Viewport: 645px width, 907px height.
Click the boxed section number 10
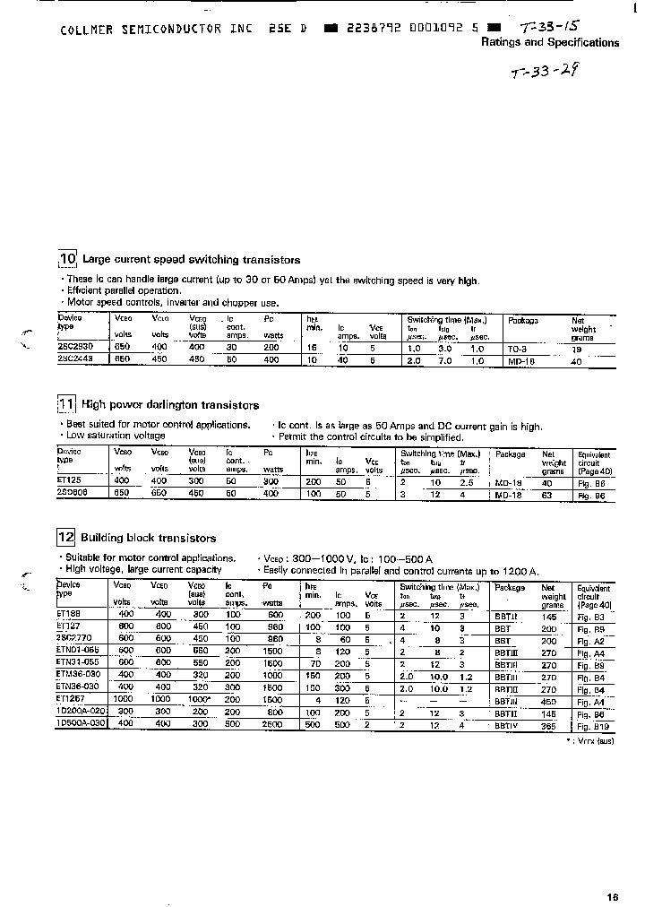pyautogui.click(x=67, y=260)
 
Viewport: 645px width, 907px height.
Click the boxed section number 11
pyautogui.click(x=67, y=405)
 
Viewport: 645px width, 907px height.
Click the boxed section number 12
pyautogui.click(x=67, y=538)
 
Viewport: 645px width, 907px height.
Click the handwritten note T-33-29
pyautogui.click(x=545, y=73)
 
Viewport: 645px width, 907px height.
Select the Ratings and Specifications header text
pyautogui.click(x=550, y=42)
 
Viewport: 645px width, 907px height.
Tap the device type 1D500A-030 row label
pyautogui.click(x=81, y=721)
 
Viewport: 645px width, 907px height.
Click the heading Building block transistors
pyautogui.click(x=148, y=539)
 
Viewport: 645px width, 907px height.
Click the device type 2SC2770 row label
pyautogui.click(x=75, y=639)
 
